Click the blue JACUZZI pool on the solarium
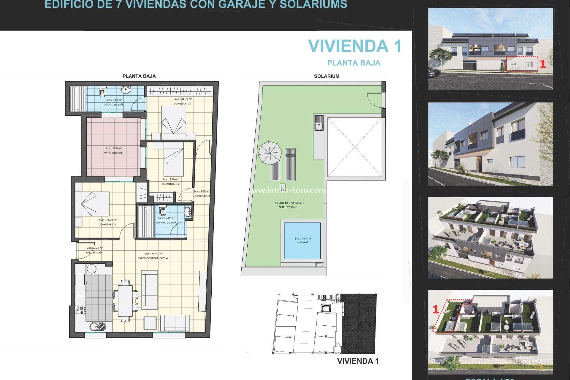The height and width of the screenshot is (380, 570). coord(302,240)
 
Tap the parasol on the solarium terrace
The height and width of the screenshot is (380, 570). coord(270,153)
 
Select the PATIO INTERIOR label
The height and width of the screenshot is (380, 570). coord(114,153)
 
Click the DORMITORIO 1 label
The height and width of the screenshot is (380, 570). coord(107,224)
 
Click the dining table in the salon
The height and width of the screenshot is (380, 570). coord(125,300)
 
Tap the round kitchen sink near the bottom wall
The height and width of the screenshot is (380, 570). coord(98,326)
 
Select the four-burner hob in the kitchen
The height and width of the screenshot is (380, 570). coord(80,311)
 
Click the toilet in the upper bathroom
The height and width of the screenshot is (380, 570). coord(102,92)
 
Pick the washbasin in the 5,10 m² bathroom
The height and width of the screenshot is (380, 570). coord(188,212)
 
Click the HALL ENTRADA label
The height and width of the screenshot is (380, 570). coord(94,253)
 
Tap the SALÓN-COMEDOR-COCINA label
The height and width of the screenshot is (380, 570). coord(153,258)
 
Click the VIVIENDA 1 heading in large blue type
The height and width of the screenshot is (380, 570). coord(354,46)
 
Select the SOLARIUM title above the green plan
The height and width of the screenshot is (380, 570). coord(327,76)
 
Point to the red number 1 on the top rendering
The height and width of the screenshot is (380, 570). coord(543,64)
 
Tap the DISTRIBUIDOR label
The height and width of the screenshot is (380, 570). coord(201,196)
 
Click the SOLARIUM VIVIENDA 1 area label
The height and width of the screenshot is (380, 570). coord(288,203)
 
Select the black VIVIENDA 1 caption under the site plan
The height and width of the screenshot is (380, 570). coord(358,361)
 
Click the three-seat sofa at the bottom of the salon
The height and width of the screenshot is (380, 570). coord(175,323)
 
